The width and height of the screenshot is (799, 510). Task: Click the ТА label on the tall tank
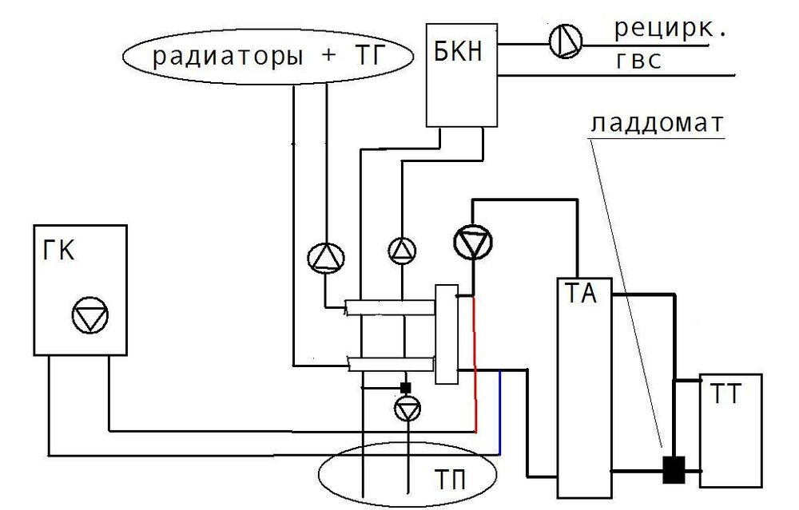tap(582, 295)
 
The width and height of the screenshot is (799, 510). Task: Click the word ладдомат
tap(657, 125)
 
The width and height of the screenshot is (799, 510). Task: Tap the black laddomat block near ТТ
tap(673, 469)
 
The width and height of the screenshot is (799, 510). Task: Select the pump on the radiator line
tap(326, 257)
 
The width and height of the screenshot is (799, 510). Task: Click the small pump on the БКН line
tap(402, 251)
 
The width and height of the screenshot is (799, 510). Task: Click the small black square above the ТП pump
tap(406, 388)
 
